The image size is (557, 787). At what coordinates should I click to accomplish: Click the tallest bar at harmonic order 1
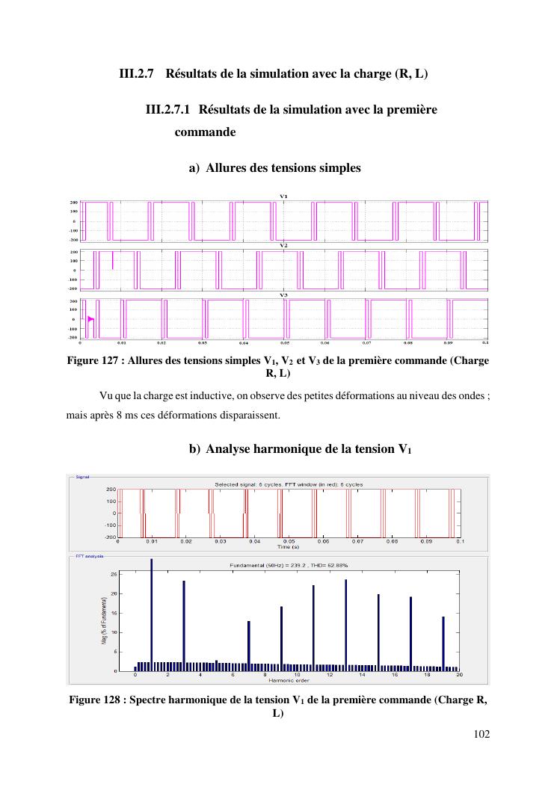point(151,614)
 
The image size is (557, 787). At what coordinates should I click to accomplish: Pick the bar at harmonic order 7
point(248,646)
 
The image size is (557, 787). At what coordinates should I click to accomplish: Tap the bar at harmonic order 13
point(345,625)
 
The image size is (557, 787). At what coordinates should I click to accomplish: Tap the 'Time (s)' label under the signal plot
point(289,546)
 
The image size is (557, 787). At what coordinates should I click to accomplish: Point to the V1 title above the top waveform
point(284,197)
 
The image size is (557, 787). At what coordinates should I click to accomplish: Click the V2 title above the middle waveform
point(284,246)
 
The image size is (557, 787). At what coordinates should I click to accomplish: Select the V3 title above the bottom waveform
point(284,295)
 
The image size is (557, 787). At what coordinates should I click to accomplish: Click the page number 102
point(481,734)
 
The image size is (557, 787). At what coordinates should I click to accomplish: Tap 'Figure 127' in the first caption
point(93,361)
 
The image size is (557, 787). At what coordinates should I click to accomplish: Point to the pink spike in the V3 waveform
point(90,319)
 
